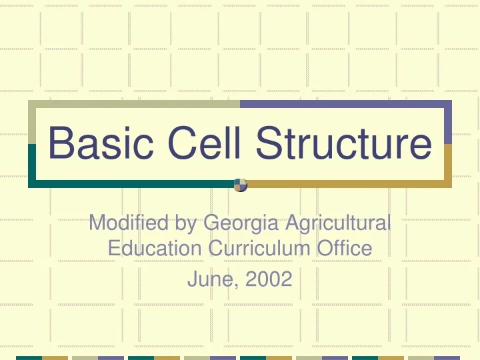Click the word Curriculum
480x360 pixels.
coord(257,249)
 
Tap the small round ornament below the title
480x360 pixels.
coord(241,184)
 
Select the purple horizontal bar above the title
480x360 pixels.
coord(345,103)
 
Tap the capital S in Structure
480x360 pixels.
coord(260,144)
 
